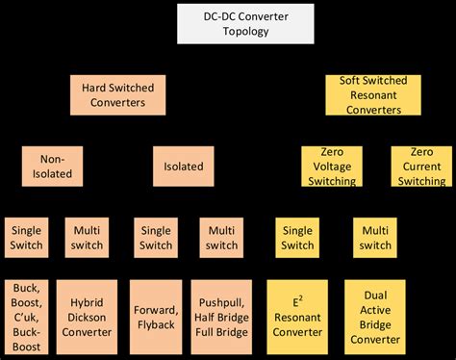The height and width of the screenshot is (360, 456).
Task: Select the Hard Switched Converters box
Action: coord(114,94)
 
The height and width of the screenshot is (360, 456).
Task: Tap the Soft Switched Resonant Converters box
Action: coord(369,93)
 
